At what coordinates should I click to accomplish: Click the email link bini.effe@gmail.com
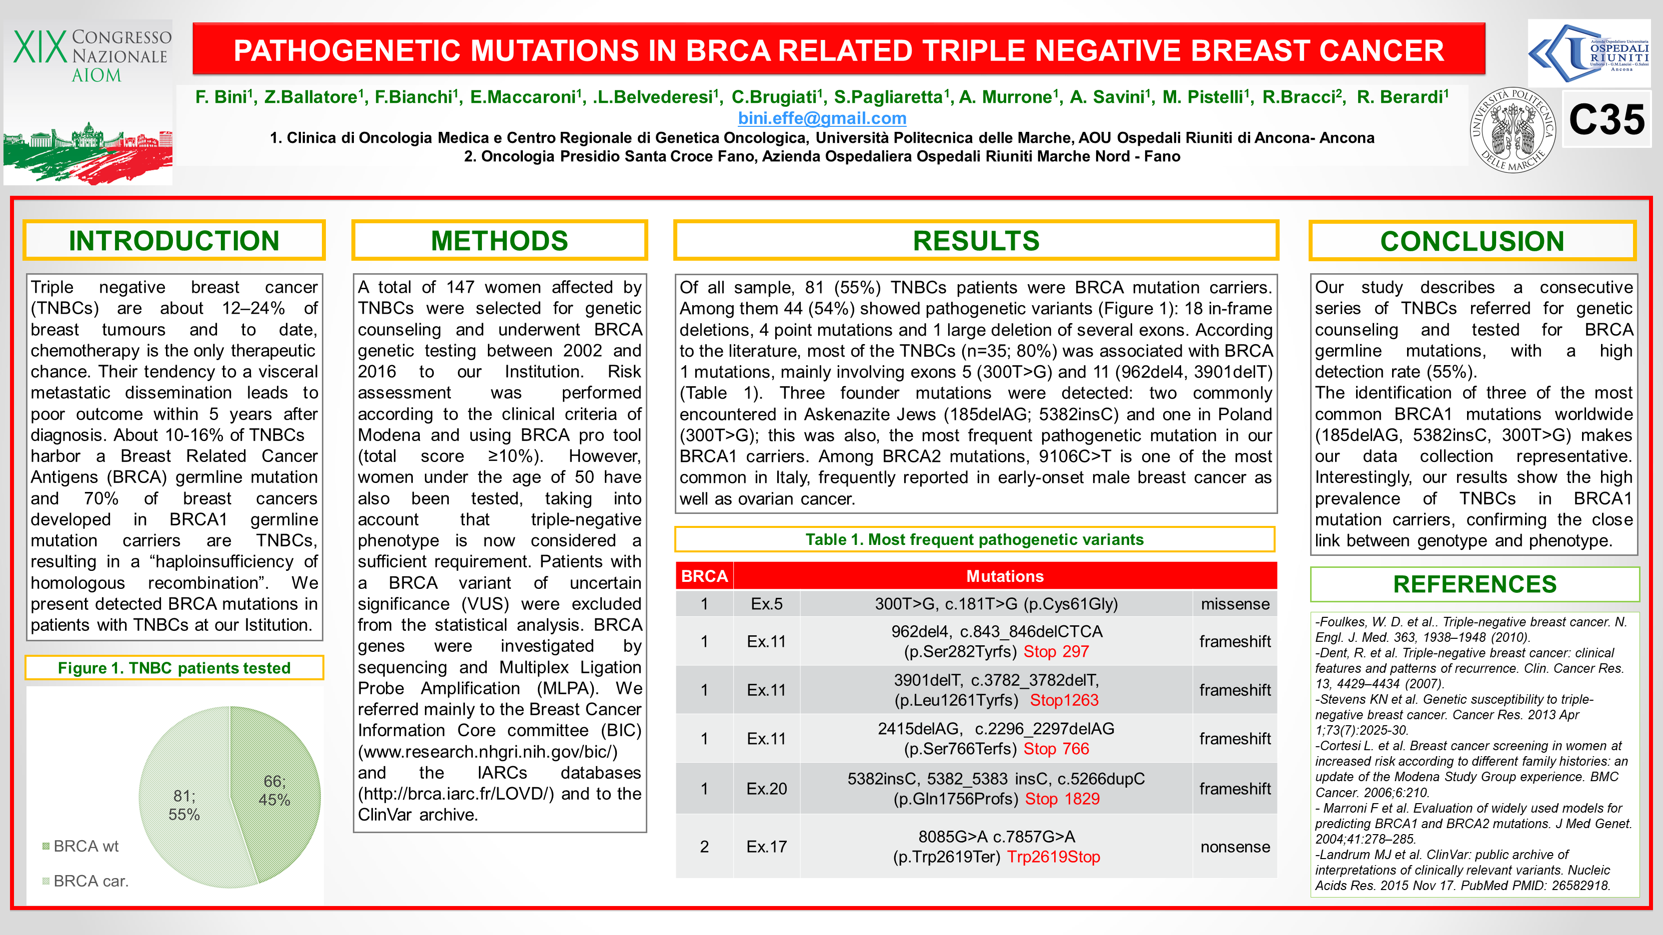[822, 118]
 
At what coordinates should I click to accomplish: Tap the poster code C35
[1606, 120]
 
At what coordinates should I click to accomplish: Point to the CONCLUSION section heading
[1472, 241]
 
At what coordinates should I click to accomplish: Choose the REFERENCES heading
[1475, 584]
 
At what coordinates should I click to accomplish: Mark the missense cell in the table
[1234, 604]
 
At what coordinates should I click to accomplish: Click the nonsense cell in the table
[1234, 847]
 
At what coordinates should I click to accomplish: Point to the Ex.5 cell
[766, 604]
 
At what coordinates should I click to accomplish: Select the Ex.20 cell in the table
[766, 789]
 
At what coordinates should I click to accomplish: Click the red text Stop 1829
[1062, 799]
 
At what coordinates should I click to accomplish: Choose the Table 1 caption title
[974, 539]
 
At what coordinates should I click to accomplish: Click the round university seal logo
[1512, 130]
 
